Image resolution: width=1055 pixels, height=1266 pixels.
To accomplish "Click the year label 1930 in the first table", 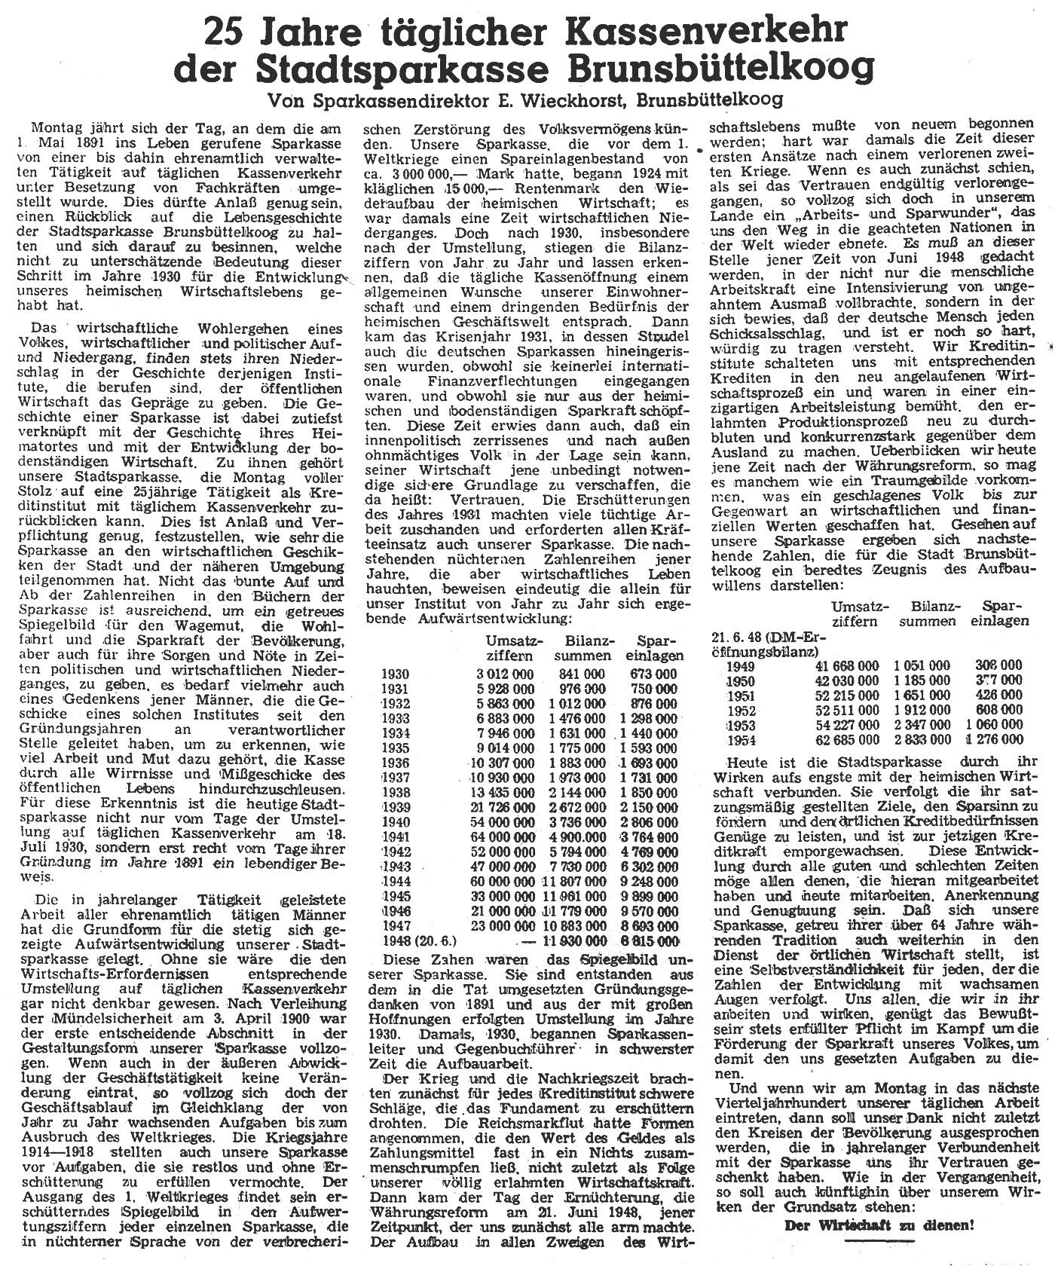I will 396,674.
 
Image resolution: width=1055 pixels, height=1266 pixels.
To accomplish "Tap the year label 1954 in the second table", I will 742,739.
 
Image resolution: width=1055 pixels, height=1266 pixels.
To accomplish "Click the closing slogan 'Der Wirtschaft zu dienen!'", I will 879,1225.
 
